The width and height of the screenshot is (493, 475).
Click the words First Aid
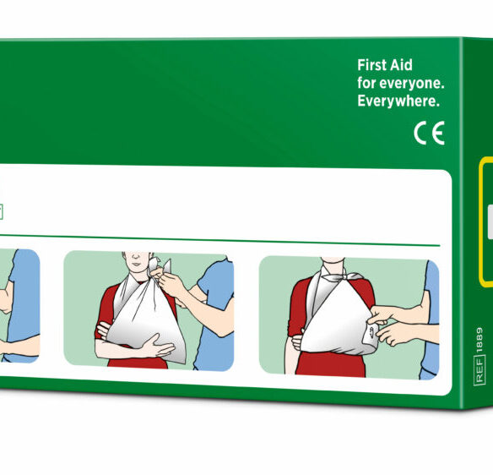coord(385,65)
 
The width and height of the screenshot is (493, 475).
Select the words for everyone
coord(400,83)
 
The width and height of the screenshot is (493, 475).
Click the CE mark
coord(429,134)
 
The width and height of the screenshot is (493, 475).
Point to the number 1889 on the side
coord(479,340)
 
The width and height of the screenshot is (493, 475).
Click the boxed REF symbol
coord(479,370)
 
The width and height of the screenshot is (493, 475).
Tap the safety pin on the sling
coord(372,331)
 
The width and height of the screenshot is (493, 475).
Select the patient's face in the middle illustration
coord(136,261)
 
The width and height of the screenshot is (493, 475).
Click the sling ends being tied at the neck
coord(160,265)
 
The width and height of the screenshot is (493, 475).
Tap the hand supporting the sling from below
coord(156,346)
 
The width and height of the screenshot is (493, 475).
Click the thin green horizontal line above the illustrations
coord(220,240)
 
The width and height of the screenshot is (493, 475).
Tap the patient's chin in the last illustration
coord(333,260)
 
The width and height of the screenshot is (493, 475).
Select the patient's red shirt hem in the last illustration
coord(331,374)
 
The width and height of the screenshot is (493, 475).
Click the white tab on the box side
coord(490,221)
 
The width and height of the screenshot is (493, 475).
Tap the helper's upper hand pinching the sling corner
coord(382,314)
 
